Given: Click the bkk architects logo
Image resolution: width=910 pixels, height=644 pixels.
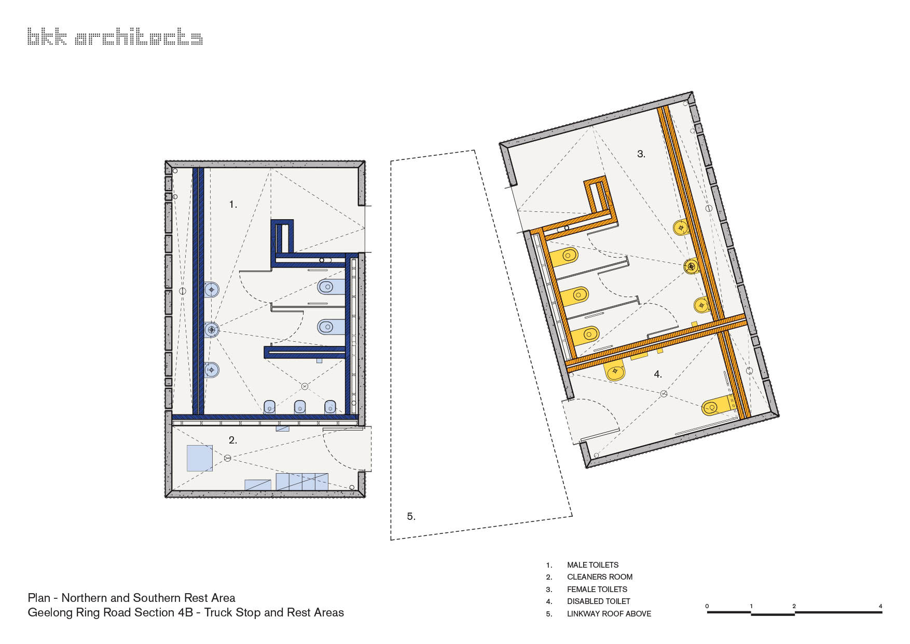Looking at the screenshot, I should click(x=115, y=37).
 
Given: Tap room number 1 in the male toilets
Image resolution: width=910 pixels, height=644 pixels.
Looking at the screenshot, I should click(x=233, y=205).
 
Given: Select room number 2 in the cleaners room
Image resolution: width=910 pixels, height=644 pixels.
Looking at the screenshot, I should click(x=232, y=440).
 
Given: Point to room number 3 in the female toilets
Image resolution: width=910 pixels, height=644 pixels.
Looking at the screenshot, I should click(x=641, y=154).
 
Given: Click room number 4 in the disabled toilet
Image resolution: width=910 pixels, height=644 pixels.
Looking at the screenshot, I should click(x=657, y=374).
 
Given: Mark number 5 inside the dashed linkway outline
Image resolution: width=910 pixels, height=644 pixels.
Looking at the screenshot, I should click(x=411, y=516).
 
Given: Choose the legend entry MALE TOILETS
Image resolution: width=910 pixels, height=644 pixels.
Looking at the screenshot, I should click(x=592, y=565).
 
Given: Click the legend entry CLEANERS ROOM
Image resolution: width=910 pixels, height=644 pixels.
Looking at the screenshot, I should click(x=599, y=576).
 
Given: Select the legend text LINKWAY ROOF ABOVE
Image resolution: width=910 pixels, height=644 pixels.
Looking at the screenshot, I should click(x=609, y=613).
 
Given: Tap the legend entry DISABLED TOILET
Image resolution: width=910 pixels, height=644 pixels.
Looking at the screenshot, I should click(x=598, y=601).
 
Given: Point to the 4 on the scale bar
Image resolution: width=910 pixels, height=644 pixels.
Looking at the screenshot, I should click(x=880, y=606).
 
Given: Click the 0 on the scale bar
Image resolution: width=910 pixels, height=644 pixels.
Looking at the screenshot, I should click(x=707, y=606).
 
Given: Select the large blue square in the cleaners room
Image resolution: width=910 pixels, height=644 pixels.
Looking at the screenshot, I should click(x=199, y=458).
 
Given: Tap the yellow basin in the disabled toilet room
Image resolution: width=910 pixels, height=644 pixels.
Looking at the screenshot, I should click(x=616, y=372).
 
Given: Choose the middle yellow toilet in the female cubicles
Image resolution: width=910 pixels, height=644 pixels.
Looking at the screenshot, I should click(x=576, y=296).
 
